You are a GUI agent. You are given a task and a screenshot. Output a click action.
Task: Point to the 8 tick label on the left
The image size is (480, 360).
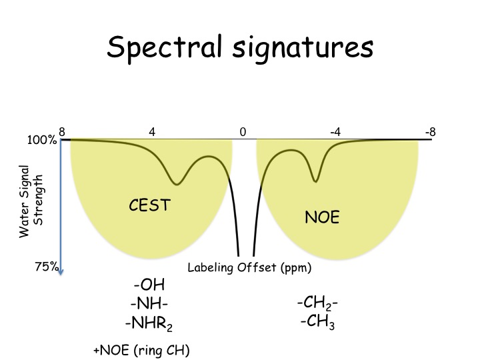61,132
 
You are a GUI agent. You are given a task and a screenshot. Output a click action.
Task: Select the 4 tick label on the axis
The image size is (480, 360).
152,132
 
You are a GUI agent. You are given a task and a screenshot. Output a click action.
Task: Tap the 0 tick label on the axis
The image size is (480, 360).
243,132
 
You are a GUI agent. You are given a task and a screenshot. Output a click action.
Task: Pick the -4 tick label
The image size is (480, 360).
335,132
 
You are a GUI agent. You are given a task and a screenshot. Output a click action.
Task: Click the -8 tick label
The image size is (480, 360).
430,132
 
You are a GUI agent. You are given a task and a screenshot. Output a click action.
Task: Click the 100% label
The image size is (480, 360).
42,141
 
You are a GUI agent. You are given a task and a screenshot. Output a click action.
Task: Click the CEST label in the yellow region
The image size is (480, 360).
149,206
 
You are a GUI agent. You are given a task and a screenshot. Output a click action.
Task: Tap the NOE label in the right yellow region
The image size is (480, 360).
322,217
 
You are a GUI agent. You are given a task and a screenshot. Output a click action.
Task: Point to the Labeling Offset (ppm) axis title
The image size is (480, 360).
249,269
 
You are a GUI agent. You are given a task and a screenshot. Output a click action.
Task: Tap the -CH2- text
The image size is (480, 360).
317,304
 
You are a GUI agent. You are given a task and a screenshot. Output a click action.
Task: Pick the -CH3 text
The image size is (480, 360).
317,323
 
